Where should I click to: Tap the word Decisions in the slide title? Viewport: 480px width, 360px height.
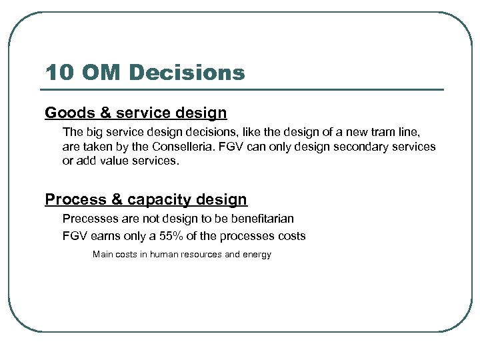(x=193, y=73)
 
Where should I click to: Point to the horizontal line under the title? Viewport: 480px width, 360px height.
(x=244, y=89)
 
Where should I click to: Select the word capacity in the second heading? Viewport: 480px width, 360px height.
(x=158, y=199)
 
